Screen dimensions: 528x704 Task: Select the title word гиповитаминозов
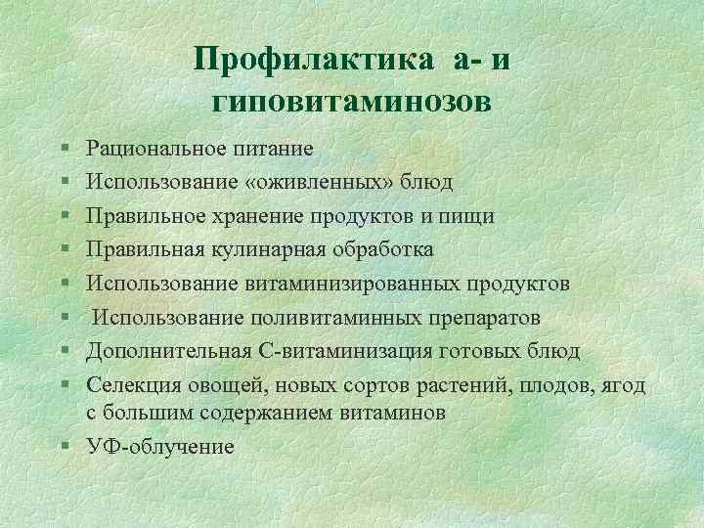click(x=352, y=100)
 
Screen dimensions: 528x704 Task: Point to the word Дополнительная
click(x=167, y=351)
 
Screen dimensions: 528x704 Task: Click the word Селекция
click(x=133, y=385)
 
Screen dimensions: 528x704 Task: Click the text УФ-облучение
click(x=160, y=447)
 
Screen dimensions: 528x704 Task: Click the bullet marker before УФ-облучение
click(x=64, y=447)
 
